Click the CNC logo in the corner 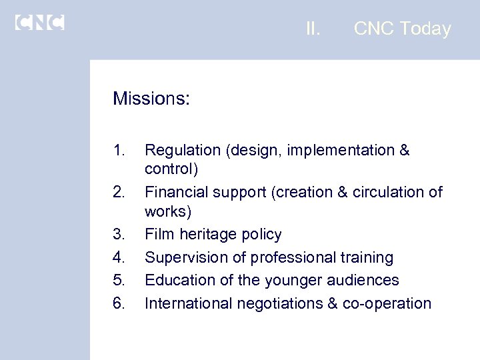39,23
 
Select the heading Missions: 151,99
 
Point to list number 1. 119,151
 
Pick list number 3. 119,235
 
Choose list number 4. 119,257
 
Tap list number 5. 119,280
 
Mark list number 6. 119,303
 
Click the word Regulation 182,151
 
